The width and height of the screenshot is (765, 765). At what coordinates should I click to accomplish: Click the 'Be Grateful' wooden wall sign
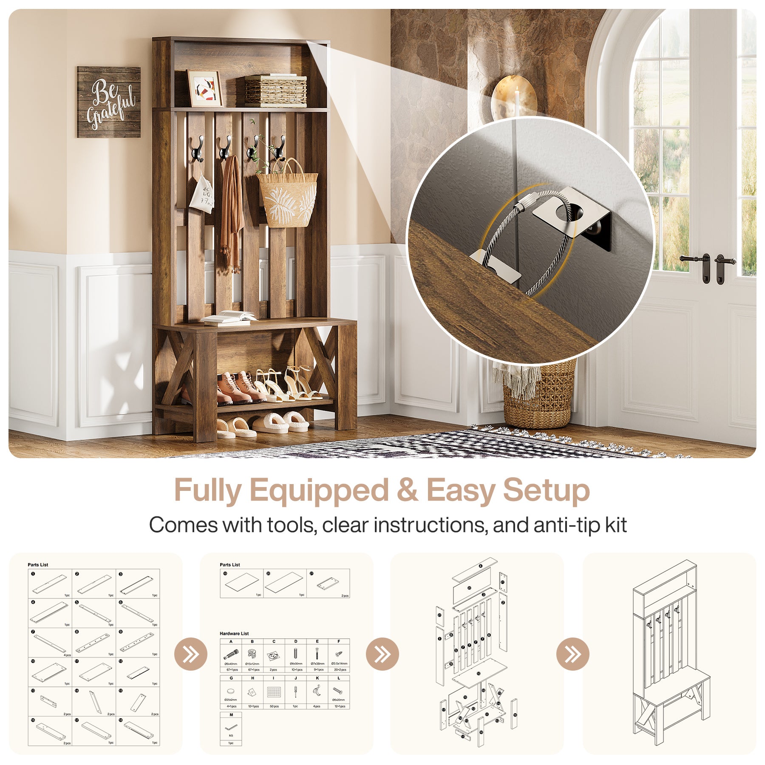[x=108, y=102]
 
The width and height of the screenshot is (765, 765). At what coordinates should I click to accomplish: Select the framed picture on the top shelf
[x=205, y=88]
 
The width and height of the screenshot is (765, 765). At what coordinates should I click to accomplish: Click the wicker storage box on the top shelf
[x=276, y=91]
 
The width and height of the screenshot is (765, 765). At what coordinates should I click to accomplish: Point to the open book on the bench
[x=229, y=317]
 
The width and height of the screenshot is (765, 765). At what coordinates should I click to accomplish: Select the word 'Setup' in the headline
[x=547, y=490]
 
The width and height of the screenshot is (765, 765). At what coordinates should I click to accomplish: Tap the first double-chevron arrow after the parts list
[x=191, y=654]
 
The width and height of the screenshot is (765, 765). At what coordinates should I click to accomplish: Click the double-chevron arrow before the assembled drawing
[x=572, y=654]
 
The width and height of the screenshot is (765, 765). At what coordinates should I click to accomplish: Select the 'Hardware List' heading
[x=234, y=633]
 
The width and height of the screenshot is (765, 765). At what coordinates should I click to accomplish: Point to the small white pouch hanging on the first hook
[x=201, y=195]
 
